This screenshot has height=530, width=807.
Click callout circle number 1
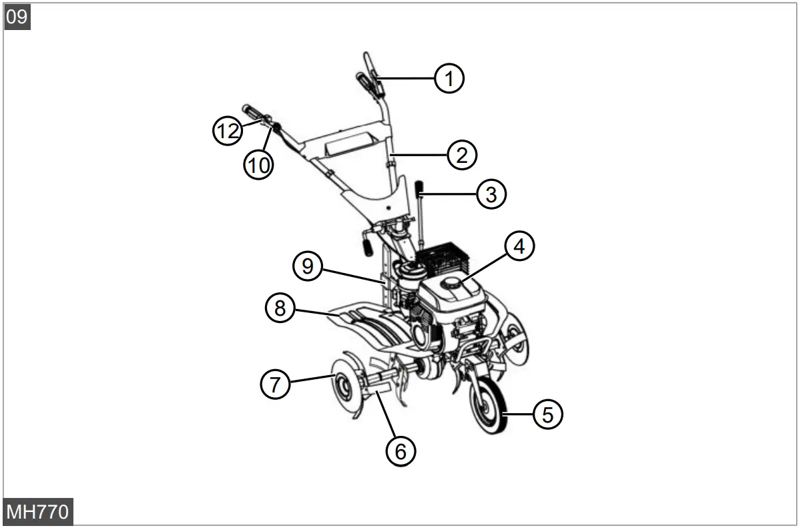pos(449,78)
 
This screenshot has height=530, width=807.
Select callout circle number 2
pos(462,155)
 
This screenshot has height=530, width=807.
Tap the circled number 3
pos(491,194)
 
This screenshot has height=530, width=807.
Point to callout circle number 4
pos(519,246)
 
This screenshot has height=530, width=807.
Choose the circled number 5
pos(547,415)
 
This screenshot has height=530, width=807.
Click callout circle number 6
pos(400,451)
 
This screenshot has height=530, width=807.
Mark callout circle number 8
pos(280,308)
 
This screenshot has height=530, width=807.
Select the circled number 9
pos(308,266)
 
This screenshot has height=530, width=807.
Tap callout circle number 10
pos(258,164)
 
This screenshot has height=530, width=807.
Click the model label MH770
pos(37,512)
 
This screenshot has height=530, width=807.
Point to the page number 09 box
pos(17,17)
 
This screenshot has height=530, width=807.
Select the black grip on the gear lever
pos(421,188)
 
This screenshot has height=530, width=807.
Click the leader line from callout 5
pos(519,415)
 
